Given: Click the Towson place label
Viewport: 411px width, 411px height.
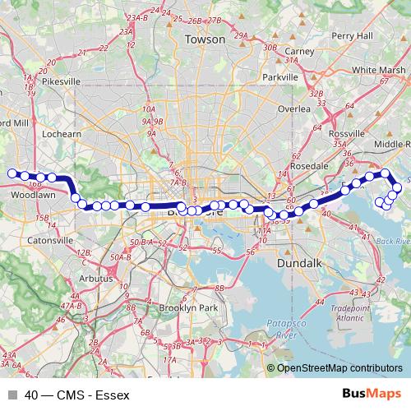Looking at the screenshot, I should tap(205, 39).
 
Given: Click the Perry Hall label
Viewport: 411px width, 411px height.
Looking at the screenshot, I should tap(353, 36).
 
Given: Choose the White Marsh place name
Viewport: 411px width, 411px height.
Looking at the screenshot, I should tap(379, 71).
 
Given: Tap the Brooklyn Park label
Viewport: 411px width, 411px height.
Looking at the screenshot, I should tap(187, 307).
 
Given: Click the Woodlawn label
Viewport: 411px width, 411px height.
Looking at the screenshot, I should tap(33, 196).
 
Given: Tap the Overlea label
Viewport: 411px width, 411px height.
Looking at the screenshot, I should tap(294, 109).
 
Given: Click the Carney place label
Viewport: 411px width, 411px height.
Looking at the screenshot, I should tap(300, 51).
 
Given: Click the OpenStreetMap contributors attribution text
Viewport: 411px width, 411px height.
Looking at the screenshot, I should tap(339, 369).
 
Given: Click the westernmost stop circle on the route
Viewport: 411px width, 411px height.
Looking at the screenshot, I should tap(12, 173).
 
